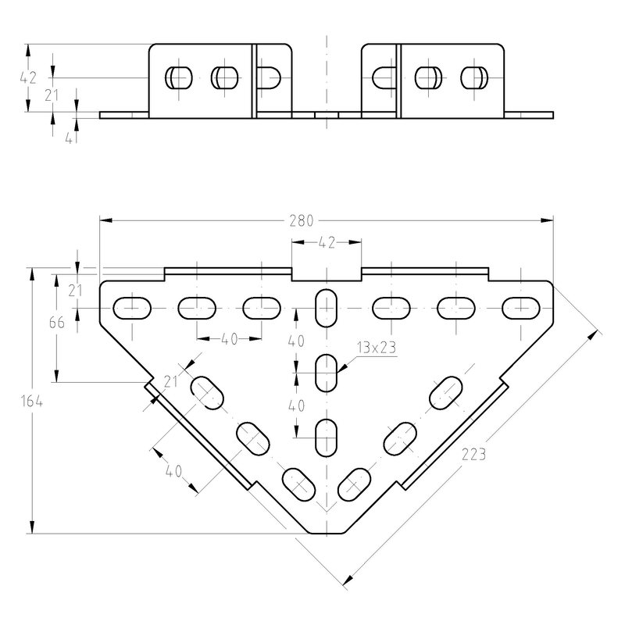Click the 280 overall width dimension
click(302, 221)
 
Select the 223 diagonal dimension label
click(473, 455)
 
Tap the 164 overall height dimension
click(32, 401)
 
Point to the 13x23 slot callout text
click(377, 348)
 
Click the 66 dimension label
click(57, 323)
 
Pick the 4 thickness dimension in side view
click(69, 139)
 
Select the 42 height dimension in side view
click(28, 77)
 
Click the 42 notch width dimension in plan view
click(327, 242)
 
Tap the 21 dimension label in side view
click(52, 95)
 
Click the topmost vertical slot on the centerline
click(326, 308)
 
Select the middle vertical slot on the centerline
click(326, 373)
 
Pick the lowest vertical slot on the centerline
click(326, 437)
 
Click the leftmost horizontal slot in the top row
click(132, 308)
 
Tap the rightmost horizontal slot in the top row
click(520, 308)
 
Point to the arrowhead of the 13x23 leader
click(338, 372)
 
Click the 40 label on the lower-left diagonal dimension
click(173, 472)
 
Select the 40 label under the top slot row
click(229, 339)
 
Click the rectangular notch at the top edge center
click(327, 274)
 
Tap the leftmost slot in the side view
click(179, 77)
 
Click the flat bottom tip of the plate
click(327, 534)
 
